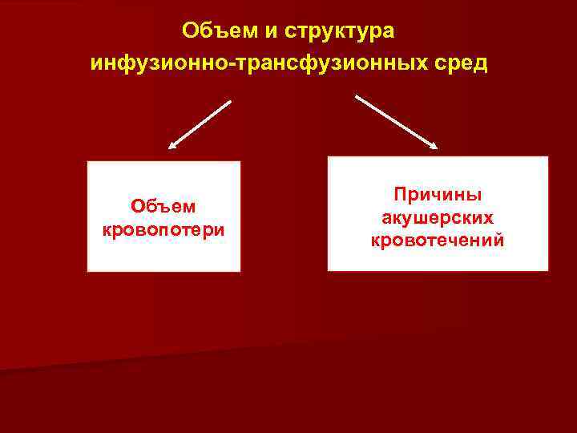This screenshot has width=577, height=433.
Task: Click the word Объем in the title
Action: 211,30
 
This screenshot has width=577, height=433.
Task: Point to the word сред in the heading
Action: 461,62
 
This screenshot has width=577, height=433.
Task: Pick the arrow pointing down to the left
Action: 200,125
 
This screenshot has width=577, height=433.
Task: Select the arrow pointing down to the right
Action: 397,122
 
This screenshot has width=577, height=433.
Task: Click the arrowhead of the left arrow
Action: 171,147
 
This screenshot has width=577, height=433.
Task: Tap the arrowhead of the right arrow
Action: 434,145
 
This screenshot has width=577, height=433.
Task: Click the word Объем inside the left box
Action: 164,206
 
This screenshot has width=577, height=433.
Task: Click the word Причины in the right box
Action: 437,195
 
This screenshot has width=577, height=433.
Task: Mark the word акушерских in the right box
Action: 437,217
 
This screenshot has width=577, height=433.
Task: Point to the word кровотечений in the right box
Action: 437,240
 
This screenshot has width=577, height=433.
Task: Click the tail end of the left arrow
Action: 230,101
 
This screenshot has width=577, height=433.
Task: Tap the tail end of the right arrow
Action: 357,97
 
